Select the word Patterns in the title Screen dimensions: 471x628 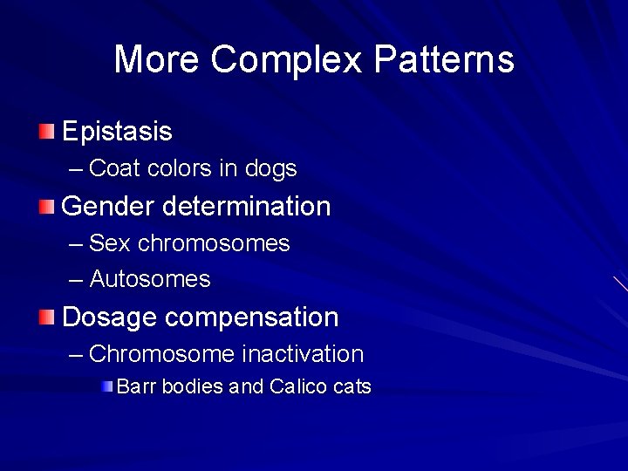pos(445,60)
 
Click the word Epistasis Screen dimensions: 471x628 pos(117,133)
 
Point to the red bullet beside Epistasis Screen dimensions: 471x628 pos(46,133)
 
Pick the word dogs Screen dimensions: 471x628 pos(270,168)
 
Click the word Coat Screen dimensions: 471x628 pos(114,168)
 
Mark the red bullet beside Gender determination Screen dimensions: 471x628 pos(46,207)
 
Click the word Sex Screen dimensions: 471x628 pos(111,243)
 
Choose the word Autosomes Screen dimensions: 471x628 pos(150,280)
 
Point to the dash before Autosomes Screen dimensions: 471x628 pos(76,280)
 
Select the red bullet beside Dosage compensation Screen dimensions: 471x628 pos(46,317)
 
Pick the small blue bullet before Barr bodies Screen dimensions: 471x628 pos(106,386)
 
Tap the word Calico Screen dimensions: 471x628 pos(298,386)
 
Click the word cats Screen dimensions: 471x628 pos(352,386)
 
